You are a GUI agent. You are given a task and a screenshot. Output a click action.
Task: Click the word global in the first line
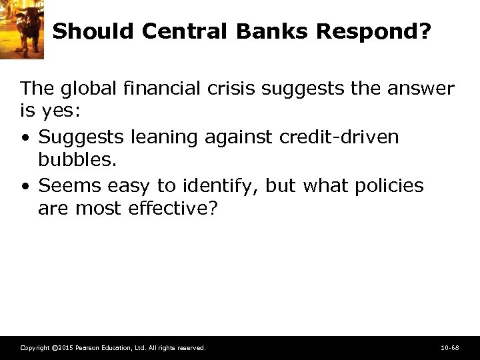(86, 88)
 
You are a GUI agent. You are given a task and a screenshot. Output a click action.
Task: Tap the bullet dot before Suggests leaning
(25, 138)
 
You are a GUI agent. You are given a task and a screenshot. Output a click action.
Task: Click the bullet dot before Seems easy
(25, 186)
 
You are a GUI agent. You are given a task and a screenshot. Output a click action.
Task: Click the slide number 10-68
(449, 348)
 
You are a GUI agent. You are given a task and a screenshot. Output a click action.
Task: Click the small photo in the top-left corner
(21, 29)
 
